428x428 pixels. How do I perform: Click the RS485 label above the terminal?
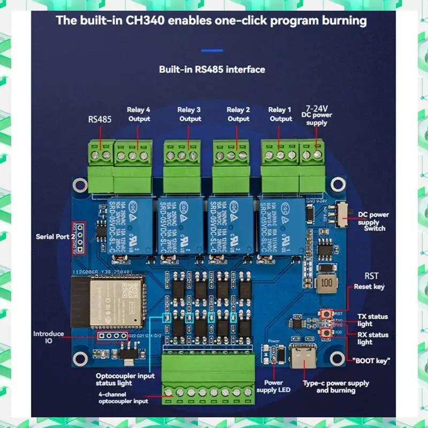100,120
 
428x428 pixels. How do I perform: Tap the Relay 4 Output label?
139,114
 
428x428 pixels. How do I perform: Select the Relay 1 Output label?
280,114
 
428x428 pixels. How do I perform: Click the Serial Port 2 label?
53,236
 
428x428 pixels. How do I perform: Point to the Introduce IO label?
49,337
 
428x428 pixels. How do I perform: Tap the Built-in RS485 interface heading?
212,70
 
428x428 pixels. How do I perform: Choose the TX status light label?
373,320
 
